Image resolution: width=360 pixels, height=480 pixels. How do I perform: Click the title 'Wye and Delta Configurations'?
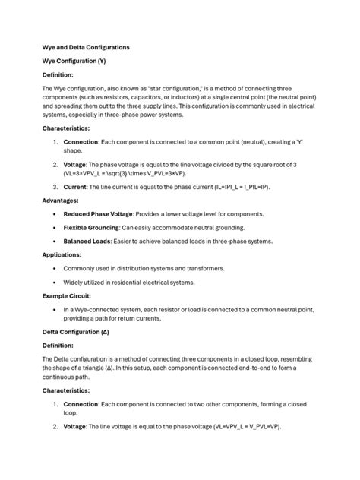(85, 47)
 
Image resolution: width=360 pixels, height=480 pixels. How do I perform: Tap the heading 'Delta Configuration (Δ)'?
(76, 332)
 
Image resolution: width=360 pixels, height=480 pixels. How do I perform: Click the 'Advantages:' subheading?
(62, 201)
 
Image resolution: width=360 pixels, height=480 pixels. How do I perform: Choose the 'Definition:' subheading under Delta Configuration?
(58, 346)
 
